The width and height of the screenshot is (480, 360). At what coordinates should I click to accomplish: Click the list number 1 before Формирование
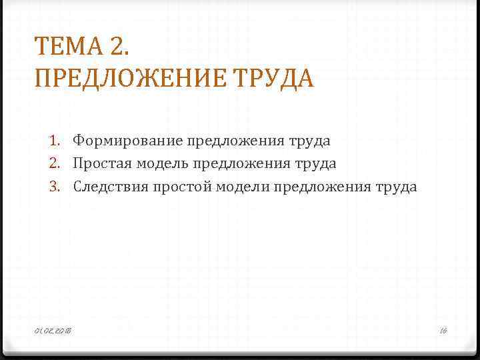(x=55, y=141)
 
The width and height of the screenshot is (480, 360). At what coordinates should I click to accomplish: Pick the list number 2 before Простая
(x=55, y=163)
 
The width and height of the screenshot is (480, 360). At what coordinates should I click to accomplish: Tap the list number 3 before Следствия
(x=55, y=187)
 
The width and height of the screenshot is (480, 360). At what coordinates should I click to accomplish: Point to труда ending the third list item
(x=396, y=187)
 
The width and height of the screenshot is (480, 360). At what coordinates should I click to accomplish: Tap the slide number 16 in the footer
(x=443, y=331)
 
